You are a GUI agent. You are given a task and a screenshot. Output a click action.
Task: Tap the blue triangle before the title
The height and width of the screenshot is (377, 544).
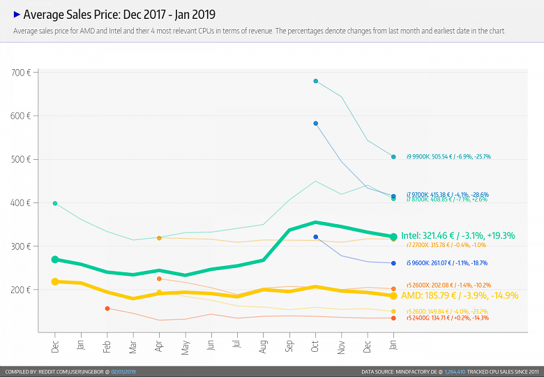17,14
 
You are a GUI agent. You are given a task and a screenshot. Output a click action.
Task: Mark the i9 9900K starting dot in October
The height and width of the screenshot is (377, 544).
316,81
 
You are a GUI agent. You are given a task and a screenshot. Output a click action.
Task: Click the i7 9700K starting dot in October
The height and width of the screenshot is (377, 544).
316,124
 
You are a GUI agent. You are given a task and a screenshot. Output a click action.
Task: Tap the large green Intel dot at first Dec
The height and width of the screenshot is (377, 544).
55,260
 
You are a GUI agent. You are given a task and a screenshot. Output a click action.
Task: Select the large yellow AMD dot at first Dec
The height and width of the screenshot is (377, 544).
55,281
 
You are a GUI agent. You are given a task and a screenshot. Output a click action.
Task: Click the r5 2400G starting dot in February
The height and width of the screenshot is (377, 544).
107,308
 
